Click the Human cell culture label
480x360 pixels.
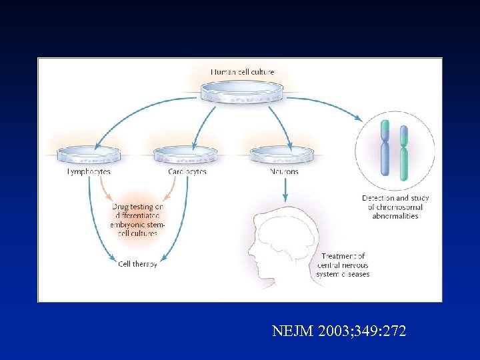(x=242, y=71)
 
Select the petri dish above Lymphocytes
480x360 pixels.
(x=89, y=156)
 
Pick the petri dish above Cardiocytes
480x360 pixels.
(x=186, y=156)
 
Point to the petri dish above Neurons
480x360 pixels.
(x=283, y=156)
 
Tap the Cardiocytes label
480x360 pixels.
(x=187, y=172)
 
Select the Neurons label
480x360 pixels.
(x=284, y=172)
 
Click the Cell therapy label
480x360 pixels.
(x=137, y=264)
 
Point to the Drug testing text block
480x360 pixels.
(x=137, y=220)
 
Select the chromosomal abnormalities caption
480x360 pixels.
(x=395, y=207)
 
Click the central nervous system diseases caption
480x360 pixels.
(x=345, y=265)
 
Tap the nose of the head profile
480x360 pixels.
(x=250, y=253)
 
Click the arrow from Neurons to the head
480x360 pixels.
(x=285, y=189)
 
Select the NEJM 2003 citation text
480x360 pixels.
(x=339, y=331)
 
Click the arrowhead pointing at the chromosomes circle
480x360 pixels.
(x=360, y=119)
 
